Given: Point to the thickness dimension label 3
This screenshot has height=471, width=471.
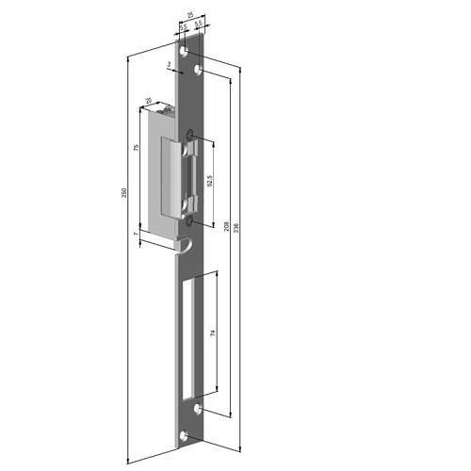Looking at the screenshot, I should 169,65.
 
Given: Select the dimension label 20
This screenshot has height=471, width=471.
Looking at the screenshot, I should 149,101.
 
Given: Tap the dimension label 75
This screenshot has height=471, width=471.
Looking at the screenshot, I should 138,149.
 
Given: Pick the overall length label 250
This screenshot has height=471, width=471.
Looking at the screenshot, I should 123,192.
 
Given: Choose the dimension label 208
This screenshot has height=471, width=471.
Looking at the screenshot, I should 227,225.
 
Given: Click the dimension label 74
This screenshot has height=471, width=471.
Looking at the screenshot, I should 214,333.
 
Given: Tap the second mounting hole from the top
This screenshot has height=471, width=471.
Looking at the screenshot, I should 199,72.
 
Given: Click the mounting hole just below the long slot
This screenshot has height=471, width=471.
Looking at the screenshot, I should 199,408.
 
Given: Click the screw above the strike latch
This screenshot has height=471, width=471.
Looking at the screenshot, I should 193,134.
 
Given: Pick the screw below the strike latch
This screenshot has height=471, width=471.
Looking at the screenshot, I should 192,219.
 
